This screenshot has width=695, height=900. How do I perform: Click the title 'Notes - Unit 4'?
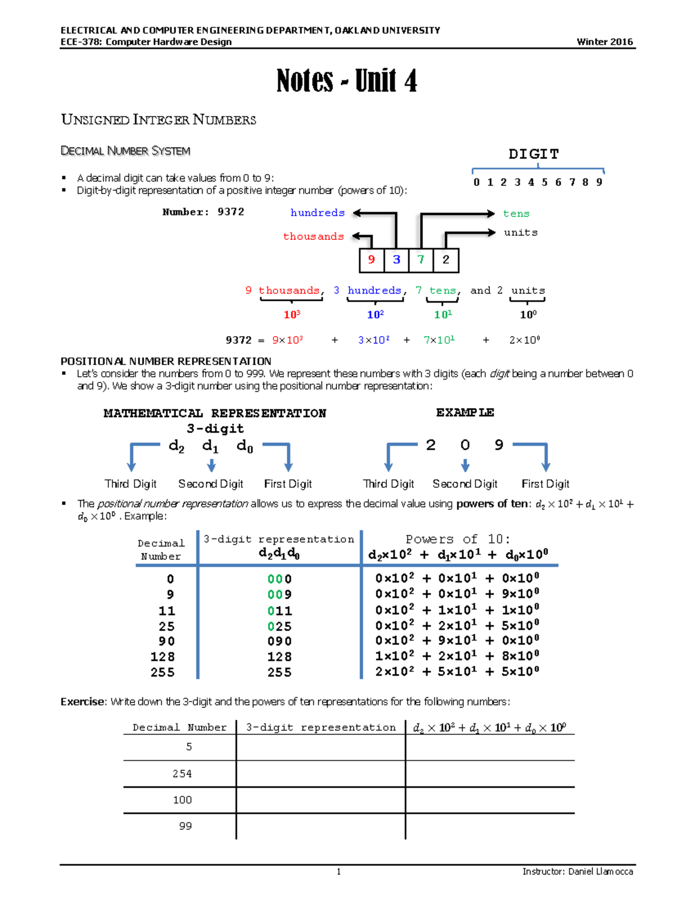[x=346, y=81]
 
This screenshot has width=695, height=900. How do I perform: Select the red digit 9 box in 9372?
[x=371, y=260]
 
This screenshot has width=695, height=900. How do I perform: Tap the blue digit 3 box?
[x=396, y=260]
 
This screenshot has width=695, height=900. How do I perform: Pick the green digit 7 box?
[x=421, y=260]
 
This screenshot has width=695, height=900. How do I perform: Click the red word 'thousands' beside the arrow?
[x=313, y=236]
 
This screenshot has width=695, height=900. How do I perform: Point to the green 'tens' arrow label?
[x=516, y=214]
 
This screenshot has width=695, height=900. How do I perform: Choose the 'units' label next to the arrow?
[x=520, y=232]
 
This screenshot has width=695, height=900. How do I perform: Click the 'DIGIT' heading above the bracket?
[x=533, y=154]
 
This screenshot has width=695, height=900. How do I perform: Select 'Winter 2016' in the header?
[x=605, y=42]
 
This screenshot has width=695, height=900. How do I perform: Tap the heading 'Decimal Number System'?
[x=125, y=151]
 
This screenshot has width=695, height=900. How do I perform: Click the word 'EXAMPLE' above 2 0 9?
[x=464, y=413]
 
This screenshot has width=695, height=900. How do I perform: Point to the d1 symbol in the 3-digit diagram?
[x=210, y=446]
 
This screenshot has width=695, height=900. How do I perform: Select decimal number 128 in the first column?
[x=163, y=657]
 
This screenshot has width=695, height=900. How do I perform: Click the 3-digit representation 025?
[x=279, y=626]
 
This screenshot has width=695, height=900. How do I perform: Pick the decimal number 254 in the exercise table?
[x=182, y=774]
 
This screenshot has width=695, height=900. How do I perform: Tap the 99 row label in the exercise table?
[x=185, y=826]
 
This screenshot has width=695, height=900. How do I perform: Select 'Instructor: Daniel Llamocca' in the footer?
[x=577, y=872]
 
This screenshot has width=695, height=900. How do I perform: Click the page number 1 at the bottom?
[x=339, y=872]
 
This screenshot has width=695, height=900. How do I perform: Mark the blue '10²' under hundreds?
[x=375, y=315]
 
